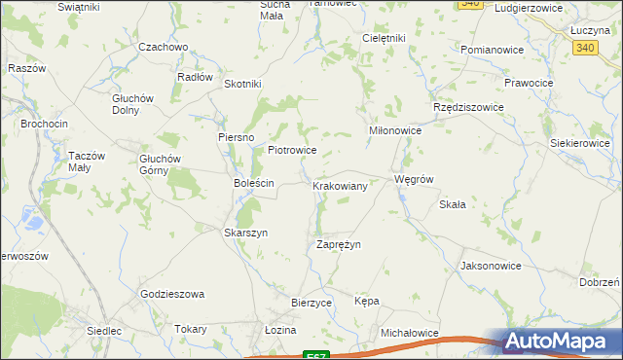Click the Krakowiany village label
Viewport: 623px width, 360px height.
click(x=340, y=185)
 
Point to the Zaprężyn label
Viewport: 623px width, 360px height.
click(x=339, y=244)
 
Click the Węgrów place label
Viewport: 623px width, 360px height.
click(x=412, y=180)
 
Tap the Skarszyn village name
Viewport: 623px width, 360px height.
click(x=245, y=234)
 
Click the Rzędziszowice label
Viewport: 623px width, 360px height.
click(x=468, y=107)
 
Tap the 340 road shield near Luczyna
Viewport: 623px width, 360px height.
click(x=585, y=47)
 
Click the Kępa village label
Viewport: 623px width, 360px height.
click(x=367, y=301)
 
